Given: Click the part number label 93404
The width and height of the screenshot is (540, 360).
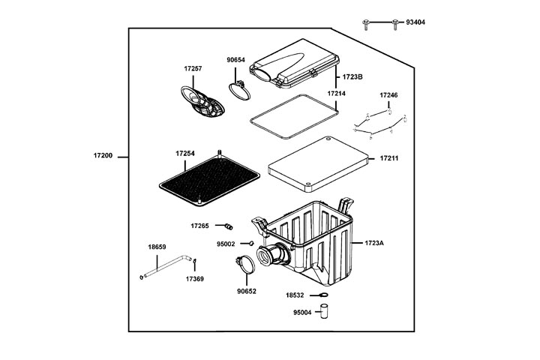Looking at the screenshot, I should click(x=415, y=23).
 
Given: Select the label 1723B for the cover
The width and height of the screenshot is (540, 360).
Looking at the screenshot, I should click(x=353, y=76).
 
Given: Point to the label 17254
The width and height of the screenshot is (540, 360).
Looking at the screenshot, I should click(x=185, y=154).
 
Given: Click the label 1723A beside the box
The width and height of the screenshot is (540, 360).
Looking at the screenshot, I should click(x=374, y=244).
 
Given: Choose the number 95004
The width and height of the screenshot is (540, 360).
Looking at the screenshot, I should click(x=304, y=313).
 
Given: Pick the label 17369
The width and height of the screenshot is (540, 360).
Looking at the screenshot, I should click(x=194, y=278).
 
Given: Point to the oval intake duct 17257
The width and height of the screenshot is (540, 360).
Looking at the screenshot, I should click(x=203, y=101).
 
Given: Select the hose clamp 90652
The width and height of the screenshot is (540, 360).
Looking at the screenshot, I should click(x=244, y=265).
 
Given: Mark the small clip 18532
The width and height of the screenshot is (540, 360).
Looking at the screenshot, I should click(x=320, y=296).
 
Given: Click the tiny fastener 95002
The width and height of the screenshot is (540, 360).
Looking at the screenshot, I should click(x=250, y=244).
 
